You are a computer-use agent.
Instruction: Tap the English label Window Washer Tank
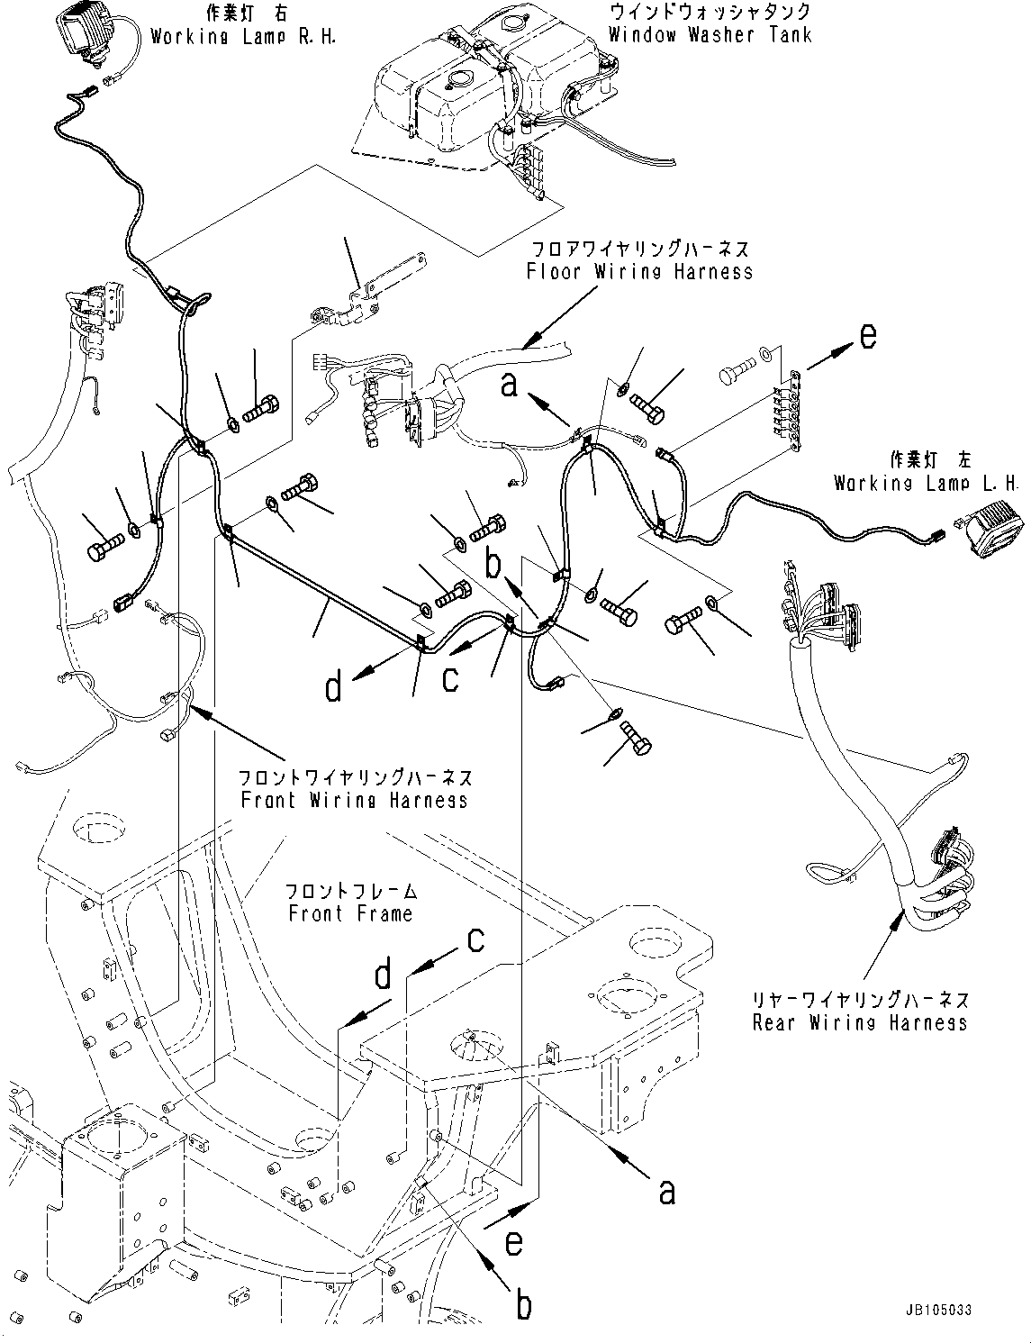click(x=710, y=35)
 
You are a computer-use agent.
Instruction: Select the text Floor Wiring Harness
click(x=639, y=270)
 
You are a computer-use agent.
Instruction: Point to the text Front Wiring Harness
click(x=354, y=799)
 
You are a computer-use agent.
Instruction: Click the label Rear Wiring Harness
click(x=860, y=1022)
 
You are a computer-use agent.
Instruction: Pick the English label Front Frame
click(x=350, y=913)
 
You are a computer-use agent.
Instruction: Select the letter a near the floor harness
click(x=511, y=386)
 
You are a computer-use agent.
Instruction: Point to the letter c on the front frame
click(x=475, y=939)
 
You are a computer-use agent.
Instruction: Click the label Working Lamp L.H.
click(x=927, y=483)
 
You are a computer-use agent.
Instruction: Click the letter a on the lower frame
click(x=666, y=1191)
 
